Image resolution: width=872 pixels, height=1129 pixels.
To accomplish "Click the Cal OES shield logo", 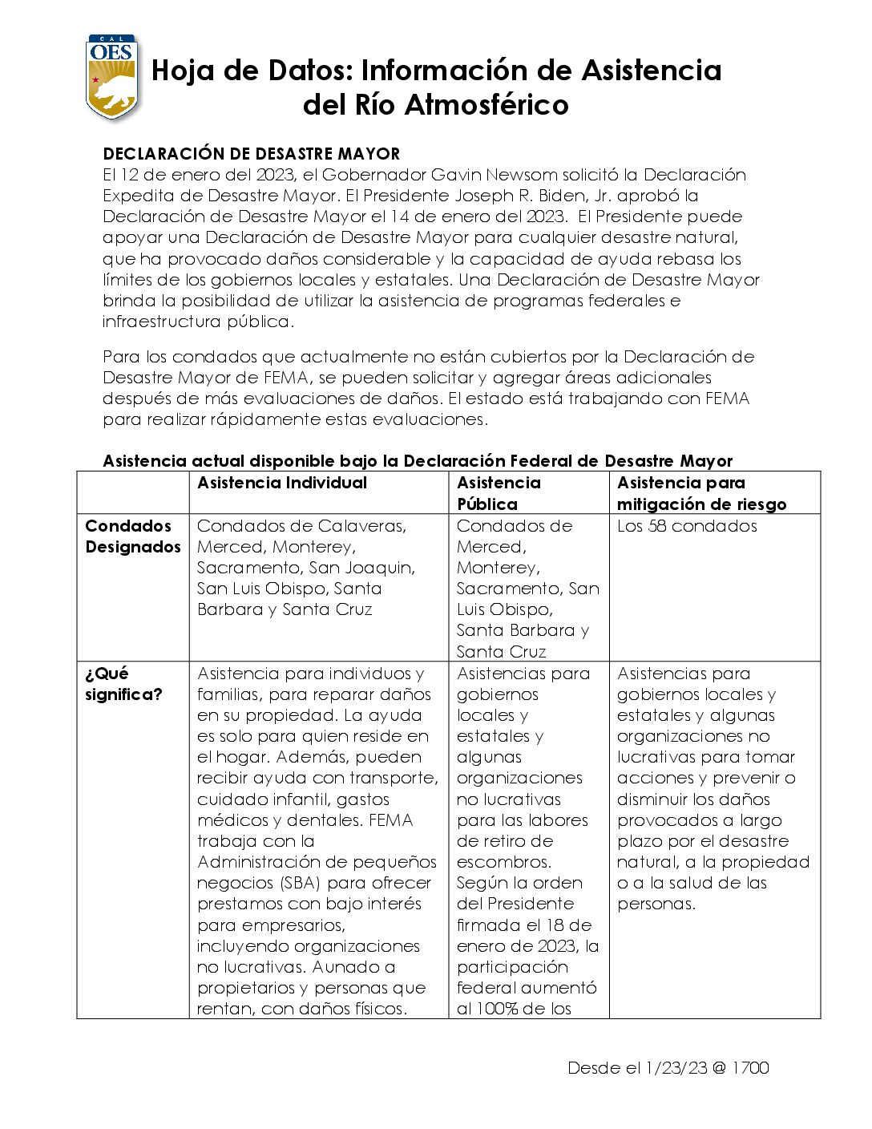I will click(x=112, y=77).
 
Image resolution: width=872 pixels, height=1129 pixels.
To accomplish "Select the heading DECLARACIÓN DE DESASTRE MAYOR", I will click(x=251, y=154).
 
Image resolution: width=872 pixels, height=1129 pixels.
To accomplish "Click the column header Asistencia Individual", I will click(x=282, y=483).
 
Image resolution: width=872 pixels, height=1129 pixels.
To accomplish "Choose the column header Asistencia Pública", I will click(x=499, y=493).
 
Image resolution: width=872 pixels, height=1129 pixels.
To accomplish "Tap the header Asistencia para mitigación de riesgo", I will click(x=701, y=493).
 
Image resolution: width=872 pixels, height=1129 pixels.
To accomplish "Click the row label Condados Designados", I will click(x=132, y=536).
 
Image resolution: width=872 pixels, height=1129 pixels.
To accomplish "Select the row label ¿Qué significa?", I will click(x=123, y=684).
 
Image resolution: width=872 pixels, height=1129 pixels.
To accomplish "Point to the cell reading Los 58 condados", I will click(x=687, y=526).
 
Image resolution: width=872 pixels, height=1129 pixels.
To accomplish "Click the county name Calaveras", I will click(x=362, y=526).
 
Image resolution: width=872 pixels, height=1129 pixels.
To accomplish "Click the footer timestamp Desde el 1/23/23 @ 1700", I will click(x=668, y=1068).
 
